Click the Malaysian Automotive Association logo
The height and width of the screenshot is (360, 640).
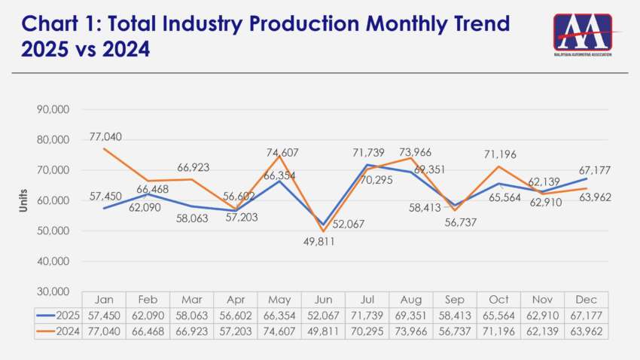click(x=583, y=35)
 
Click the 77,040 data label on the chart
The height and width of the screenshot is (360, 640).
click(x=106, y=136)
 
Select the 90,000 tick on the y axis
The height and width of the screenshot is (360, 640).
click(x=53, y=109)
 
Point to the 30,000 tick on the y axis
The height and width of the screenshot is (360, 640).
click(x=53, y=291)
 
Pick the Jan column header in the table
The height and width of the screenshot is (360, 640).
click(x=104, y=299)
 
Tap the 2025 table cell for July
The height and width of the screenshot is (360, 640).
click(x=366, y=315)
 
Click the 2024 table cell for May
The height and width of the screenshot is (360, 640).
click(x=279, y=331)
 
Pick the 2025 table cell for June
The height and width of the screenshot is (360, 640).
click(x=322, y=315)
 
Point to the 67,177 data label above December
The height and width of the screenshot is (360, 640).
click(x=592, y=171)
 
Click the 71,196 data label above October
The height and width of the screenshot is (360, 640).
click(x=498, y=154)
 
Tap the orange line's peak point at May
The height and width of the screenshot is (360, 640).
click(x=279, y=156)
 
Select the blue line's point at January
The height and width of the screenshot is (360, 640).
click(x=104, y=208)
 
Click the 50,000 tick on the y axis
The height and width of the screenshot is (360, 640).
click(x=53, y=230)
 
